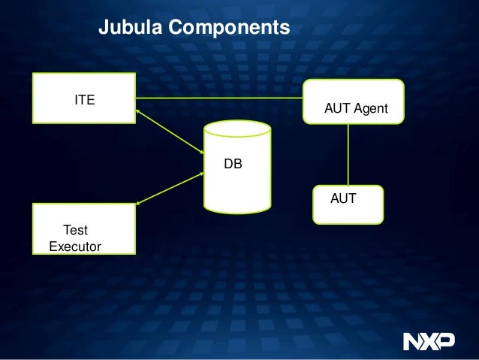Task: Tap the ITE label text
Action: coord(84,98)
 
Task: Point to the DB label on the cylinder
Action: coord(233,163)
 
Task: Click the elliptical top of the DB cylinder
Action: coord(237,129)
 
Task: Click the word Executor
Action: coord(75,246)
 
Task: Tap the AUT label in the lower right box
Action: coord(343,199)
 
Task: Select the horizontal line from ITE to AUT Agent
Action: coord(218,98)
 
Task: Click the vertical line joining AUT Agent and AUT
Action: coord(348,154)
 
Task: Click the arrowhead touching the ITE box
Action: coord(138,110)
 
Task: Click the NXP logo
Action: coord(429,342)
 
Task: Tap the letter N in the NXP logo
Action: coord(412,342)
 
